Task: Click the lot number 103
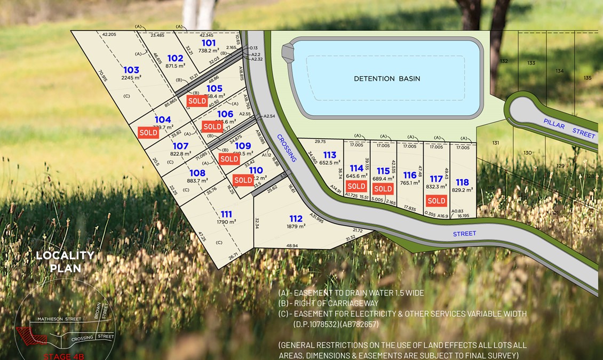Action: point(131,70)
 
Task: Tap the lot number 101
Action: point(209,43)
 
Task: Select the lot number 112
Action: point(296,218)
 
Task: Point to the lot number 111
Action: point(226,214)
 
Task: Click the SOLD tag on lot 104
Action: point(148,133)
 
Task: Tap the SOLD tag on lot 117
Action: point(436,201)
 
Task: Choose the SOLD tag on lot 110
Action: point(243,180)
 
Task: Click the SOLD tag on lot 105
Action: point(197,100)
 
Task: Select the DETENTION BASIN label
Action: point(387,78)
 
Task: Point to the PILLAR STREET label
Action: point(569,129)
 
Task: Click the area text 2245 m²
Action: point(131,78)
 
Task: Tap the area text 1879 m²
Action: point(296,226)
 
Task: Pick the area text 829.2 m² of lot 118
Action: point(462,190)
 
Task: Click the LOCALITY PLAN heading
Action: point(65,261)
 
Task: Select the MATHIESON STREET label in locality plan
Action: point(59,319)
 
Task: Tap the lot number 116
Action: point(410,175)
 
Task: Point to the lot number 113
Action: point(330,155)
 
